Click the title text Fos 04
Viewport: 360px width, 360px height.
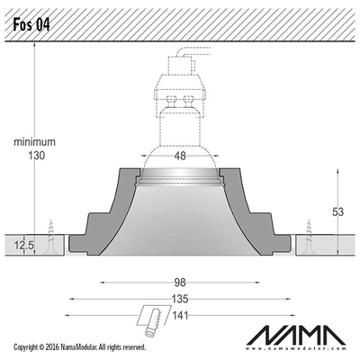pos(31,24)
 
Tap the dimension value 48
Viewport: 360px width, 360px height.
pos(180,156)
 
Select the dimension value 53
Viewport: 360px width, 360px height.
pos(337,211)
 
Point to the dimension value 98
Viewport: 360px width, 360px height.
pos(180,283)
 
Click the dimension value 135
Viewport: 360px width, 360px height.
pos(180,299)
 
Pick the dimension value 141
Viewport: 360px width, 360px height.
pos(180,315)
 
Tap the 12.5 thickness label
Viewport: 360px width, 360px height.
pos(23,246)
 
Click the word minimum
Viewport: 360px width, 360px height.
pos(34,141)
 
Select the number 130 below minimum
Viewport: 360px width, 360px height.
pos(37,156)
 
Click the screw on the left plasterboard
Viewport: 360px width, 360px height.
pos(50,238)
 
